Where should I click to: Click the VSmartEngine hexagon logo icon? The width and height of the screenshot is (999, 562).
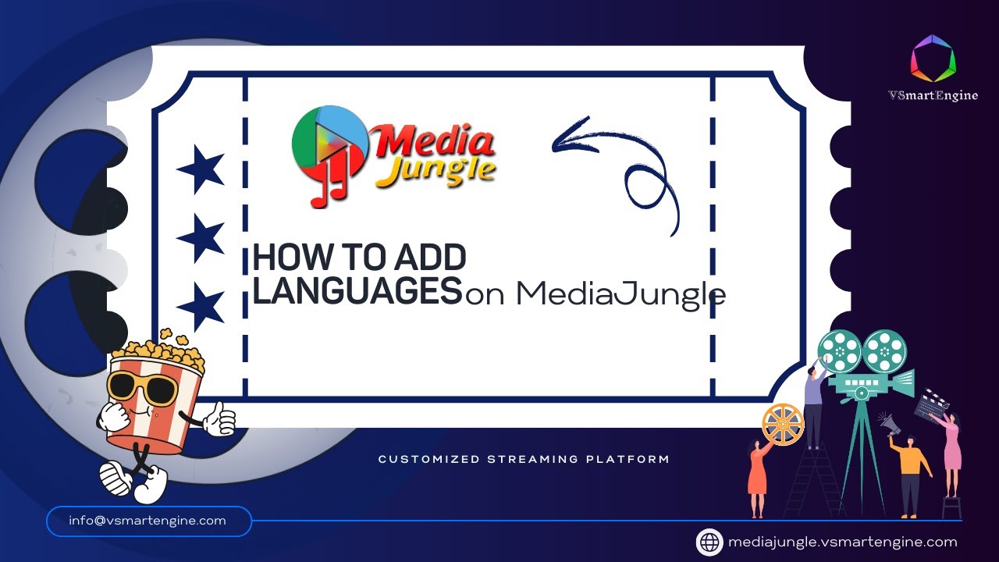933,58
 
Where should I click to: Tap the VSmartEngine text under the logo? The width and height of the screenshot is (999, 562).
933,95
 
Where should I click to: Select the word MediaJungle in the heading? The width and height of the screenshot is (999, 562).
620,294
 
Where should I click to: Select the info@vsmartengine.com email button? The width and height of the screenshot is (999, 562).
148,521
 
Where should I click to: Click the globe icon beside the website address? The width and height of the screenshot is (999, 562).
709,542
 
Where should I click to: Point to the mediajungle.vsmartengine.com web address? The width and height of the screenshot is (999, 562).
842,542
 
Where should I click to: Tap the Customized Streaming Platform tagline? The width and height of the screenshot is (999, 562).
524,459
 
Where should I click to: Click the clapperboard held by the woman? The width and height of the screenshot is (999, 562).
931,403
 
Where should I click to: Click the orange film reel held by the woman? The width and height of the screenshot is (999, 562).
782,424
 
